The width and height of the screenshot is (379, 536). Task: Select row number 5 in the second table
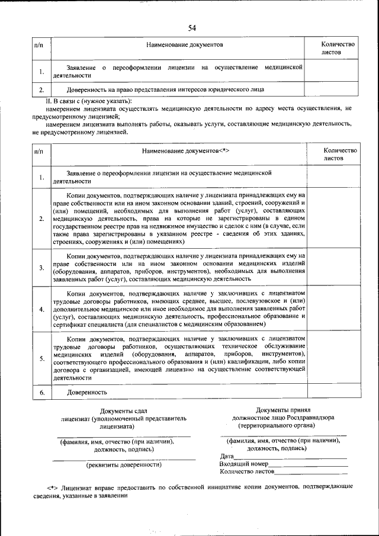(41, 358)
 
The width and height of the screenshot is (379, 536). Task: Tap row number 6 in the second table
(41, 393)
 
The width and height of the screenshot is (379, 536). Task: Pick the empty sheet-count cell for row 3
(333, 267)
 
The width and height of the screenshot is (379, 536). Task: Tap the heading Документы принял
(283, 409)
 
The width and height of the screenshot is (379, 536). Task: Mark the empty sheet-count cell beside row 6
(333, 392)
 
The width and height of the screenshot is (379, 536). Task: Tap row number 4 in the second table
(41, 309)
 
